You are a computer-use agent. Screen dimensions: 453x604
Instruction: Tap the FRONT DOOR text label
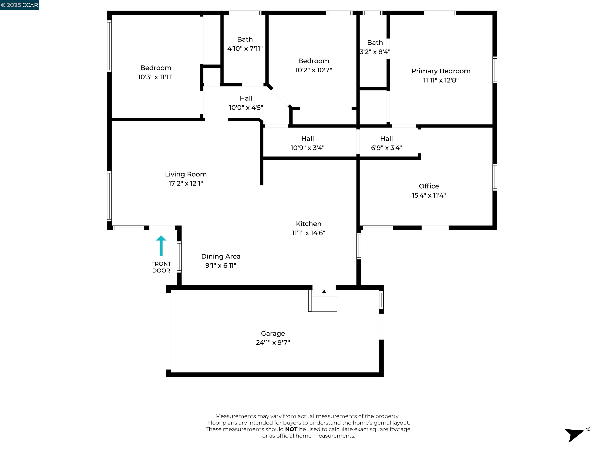tap(161, 267)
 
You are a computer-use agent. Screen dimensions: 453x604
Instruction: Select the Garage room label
tap(273, 333)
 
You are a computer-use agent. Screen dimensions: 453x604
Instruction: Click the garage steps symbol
tap(324, 300)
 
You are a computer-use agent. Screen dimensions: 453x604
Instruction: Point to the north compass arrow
tap(576, 434)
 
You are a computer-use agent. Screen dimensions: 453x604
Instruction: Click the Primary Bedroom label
tap(441, 71)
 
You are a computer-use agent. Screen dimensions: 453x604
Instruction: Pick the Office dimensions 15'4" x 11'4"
tap(429, 195)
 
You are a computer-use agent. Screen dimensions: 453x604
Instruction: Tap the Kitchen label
tap(308, 224)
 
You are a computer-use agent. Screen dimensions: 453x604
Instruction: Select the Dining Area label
tap(221, 256)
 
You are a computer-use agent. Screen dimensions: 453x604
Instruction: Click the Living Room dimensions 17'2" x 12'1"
tap(186, 183)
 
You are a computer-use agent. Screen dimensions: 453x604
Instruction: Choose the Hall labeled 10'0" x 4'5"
tap(246, 103)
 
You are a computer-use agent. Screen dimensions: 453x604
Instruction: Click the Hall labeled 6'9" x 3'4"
tap(386, 143)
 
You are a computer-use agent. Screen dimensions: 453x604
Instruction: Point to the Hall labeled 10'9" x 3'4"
tap(308, 143)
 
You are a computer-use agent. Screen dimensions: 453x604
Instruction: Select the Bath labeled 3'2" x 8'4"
tap(375, 47)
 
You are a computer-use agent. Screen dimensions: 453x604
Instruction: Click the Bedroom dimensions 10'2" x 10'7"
tap(313, 70)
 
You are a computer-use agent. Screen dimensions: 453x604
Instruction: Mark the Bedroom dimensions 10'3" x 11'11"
tap(156, 77)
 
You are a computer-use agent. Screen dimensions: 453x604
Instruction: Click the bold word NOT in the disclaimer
tap(291, 429)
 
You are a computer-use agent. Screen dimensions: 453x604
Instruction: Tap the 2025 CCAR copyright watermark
tap(20, 5)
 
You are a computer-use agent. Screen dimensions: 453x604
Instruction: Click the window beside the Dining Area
tap(179, 257)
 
